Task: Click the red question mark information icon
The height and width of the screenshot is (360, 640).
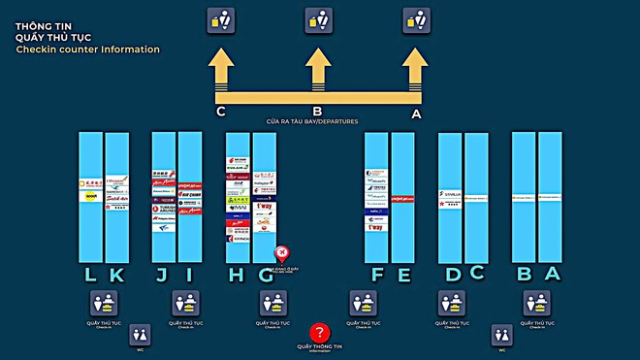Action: [320, 332]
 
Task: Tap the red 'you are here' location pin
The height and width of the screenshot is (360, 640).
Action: [281, 253]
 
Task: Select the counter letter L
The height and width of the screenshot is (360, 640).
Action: [90, 275]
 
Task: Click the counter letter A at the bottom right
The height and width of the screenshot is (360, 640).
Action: [552, 274]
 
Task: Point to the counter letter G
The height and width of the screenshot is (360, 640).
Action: [265, 275]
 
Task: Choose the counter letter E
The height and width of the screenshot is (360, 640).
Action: [403, 275]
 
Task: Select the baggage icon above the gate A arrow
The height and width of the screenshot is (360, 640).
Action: [416, 19]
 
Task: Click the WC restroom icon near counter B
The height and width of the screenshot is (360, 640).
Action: [501, 335]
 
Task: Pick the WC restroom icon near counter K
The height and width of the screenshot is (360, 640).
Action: [140, 335]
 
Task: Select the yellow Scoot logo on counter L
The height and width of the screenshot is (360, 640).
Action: [90, 196]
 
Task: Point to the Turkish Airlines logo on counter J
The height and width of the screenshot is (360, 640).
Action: [163, 208]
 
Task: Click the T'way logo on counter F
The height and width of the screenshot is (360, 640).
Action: [376, 226]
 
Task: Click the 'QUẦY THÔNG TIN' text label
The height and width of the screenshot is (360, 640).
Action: [320, 345]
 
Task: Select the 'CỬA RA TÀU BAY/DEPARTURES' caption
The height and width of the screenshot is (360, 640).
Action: [312, 121]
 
